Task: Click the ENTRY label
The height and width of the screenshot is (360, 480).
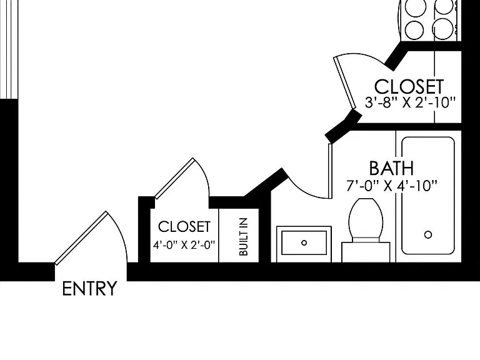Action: click(89, 288)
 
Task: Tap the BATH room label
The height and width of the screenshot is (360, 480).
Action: click(391, 168)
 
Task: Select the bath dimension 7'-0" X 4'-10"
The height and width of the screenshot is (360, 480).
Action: click(391, 186)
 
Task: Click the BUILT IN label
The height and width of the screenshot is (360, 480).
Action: click(243, 237)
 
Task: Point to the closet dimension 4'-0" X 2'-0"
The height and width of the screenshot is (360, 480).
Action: click(184, 245)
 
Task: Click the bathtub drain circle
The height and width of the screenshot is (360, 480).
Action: click(428, 235)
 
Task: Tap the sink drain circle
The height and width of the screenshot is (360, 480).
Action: click(304, 242)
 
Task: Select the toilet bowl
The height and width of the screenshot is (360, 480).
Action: click(366, 218)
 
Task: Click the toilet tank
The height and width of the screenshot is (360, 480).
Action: click(366, 252)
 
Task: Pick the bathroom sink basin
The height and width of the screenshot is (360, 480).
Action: click(304, 242)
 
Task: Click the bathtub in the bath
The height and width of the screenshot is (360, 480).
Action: click(428, 196)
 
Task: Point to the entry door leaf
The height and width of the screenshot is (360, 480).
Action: click(81, 238)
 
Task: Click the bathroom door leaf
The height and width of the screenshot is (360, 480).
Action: click(330, 171)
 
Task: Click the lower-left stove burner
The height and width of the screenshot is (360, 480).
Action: click(414, 30)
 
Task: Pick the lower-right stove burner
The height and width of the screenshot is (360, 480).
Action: click(444, 29)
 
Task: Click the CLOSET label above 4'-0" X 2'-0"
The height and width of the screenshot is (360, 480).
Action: click(184, 227)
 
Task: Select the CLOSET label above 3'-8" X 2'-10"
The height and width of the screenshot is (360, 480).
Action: click(409, 87)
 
